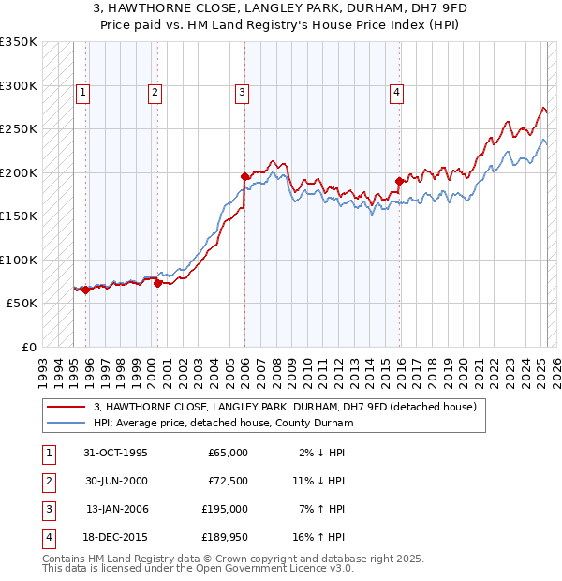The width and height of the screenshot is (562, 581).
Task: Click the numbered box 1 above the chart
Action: pos(83,92)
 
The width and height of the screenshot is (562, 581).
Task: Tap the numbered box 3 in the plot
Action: pos(242,92)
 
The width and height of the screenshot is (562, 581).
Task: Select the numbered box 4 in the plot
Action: pos(397,92)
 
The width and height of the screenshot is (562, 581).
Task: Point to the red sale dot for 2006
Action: pos(244,176)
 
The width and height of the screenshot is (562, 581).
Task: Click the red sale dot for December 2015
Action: pos(399,181)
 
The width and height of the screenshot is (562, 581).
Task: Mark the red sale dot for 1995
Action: pos(85,290)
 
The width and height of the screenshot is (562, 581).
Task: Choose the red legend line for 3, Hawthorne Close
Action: pos(65,407)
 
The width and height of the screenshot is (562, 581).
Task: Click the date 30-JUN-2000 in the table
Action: pos(116,481)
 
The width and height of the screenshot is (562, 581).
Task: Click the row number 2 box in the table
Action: pos(48,481)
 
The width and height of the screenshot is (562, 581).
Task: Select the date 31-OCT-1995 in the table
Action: pos(116,453)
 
